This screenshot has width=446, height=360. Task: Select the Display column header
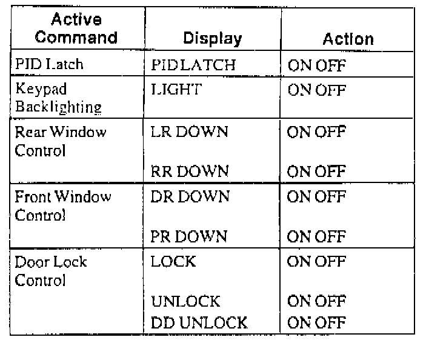click(x=212, y=39)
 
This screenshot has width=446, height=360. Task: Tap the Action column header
click(x=348, y=39)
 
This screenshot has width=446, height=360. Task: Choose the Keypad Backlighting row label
click(x=58, y=98)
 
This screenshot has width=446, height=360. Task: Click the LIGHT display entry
click(x=176, y=90)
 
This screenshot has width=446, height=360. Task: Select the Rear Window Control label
click(x=60, y=141)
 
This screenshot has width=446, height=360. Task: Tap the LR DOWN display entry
click(x=190, y=132)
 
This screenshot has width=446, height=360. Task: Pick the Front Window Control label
click(x=63, y=205)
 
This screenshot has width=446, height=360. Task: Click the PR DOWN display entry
click(x=190, y=236)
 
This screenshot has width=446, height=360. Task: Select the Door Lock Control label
click(x=51, y=271)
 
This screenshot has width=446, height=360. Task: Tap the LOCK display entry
click(x=174, y=262)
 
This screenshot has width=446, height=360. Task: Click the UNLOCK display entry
click(x=185, y=301)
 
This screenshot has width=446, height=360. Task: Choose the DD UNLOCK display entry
click(x=199, y=322)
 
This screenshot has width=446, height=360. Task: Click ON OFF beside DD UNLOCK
click(x=316, y=322)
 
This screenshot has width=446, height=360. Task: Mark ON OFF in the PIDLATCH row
click(x=316, y=65)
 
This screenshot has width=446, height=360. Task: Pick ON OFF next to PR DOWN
click(x=316, y=236)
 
